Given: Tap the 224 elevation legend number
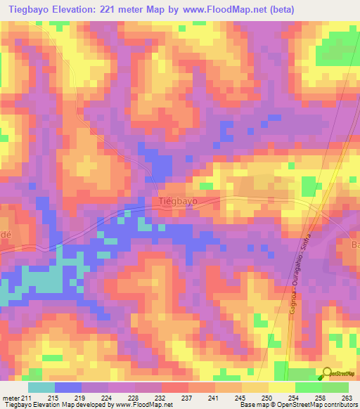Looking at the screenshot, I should click(x=108, y=398).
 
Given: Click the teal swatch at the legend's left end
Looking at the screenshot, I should click(x=41, y=387).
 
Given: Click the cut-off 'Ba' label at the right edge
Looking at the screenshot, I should click(x=354, y=245).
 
